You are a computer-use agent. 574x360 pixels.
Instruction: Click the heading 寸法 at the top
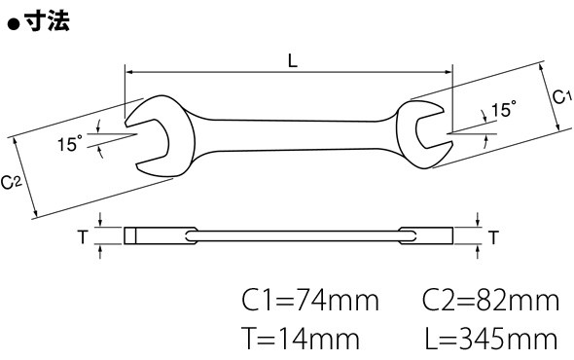click(47, 20)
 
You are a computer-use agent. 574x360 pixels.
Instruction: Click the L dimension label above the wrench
click(292, 60)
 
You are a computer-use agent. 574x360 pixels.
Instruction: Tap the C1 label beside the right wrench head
click(561, 97)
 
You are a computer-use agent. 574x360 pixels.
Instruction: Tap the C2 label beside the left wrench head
click(12, 182)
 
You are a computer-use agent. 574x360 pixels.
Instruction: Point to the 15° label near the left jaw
click(70, 143)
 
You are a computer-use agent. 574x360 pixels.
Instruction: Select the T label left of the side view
click(83, 237)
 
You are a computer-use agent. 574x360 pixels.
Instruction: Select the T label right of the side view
click(494, 237)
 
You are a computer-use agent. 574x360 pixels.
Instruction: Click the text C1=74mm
click(309, 301)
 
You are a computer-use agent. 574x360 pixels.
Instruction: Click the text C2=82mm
click(490, 301)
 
